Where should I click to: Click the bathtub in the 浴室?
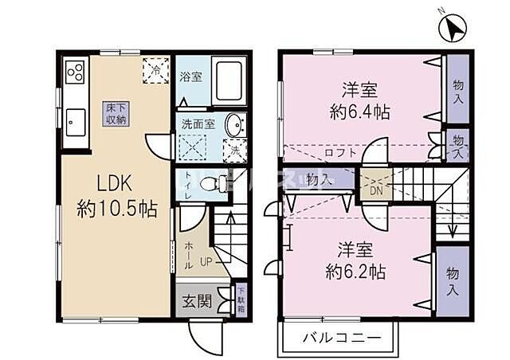coord(229,80)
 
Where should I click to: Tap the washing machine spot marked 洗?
coord(236,149)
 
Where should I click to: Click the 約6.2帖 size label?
coord(357,272)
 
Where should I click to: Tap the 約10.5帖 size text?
coord(117,210)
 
